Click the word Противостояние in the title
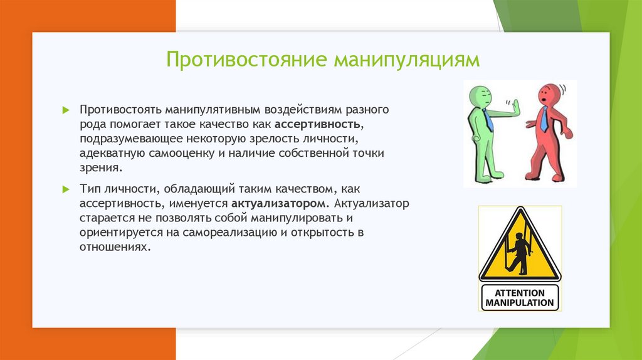coord(246,60)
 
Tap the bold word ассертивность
coord(318,124)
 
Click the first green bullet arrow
coord(66,110)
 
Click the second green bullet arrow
coord(66,189)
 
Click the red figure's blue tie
coord(544,119)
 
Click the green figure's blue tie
coord(488,120)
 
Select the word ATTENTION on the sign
coord(520,293)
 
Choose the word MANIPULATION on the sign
coord(520,303)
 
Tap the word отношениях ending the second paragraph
coord(113,247)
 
